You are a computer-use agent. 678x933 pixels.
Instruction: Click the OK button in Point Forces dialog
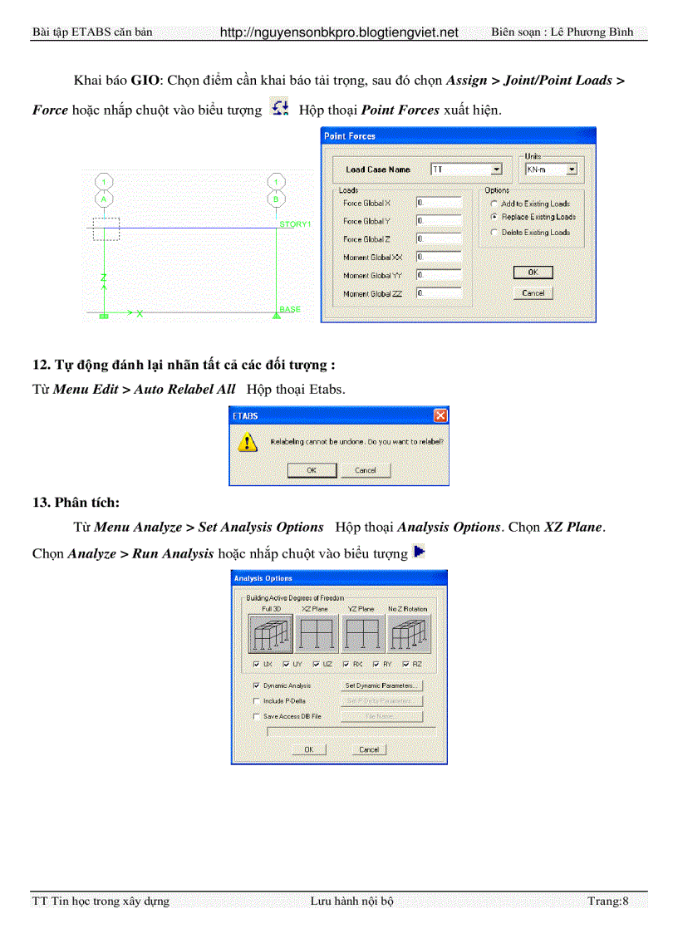[x=533, y=273]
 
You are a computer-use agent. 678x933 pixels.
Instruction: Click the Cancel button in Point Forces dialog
[x=533, y=293]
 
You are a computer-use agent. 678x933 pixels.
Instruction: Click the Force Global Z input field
[x=438, y=239]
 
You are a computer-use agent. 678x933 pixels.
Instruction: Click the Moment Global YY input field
[x=438, y=275]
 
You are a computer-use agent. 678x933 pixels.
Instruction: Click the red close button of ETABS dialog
[x=440, y=415]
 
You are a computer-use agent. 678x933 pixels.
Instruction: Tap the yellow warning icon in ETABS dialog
[x=248, y=443]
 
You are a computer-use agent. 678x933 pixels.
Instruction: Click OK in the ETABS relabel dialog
[x=312, y=470]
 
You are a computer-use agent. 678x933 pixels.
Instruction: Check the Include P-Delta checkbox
[x=256, y=700]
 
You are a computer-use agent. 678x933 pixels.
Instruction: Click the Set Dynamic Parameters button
[x=382, y=685]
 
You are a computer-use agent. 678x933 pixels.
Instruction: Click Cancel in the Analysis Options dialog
[x=368, y=749]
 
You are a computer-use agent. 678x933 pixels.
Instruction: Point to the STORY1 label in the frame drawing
[x=294, y=224]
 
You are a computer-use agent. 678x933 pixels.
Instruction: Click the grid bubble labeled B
[x=276, y=199]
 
